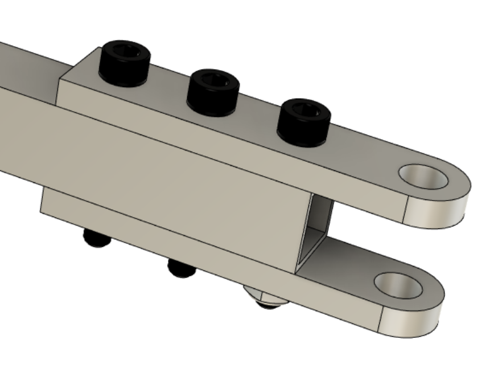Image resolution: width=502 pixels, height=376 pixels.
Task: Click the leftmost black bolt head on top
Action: [124, 64]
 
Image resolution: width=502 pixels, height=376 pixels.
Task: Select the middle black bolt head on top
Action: [213, 92]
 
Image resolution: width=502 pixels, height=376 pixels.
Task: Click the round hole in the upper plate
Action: [422, 177]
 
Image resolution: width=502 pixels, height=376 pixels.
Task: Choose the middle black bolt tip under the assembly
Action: [182, 268]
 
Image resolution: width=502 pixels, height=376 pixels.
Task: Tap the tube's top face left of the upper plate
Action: [28, 63]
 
